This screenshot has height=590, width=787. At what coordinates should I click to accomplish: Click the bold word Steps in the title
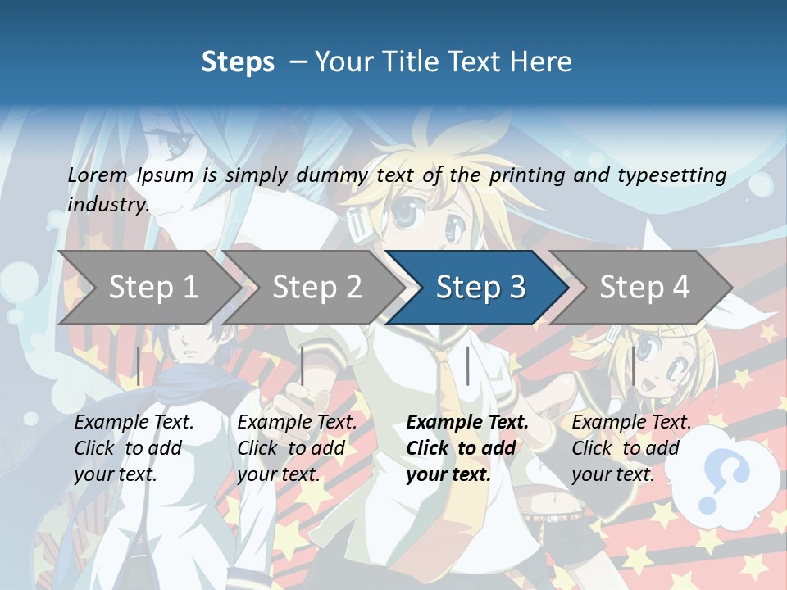tap(238, 61)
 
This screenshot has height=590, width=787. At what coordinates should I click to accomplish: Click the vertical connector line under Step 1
tap(139, 365)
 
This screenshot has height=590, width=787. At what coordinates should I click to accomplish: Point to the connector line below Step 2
tap(303, 365)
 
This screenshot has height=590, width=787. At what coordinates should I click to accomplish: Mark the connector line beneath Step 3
tap(467, 365)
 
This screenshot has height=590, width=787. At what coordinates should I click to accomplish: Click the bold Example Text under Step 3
tap(467, 423)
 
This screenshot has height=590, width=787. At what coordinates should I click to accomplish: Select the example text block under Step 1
tap(134, 448)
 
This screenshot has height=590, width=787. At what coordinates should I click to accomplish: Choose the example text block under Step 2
tap(297, 448)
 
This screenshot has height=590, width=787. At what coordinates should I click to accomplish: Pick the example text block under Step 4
tap(631, 448)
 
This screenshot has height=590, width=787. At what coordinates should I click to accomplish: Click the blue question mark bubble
tap(726, 475)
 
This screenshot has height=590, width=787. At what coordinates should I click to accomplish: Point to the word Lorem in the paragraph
tap(98, 175)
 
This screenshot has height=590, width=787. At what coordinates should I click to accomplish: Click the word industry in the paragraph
tap(108, 204)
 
